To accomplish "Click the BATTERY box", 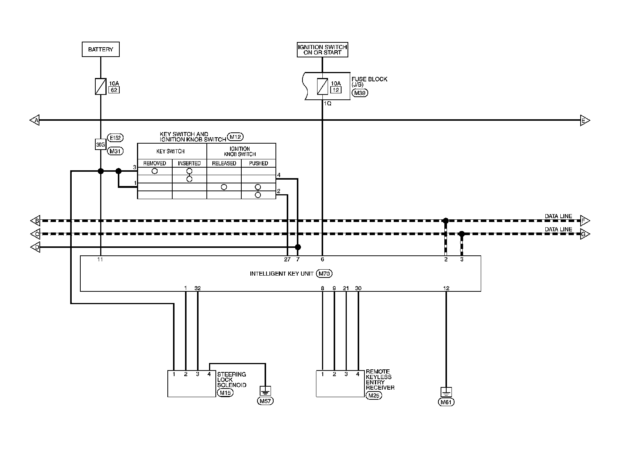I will tap(101, 49).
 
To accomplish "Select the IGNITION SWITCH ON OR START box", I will tap(322, 49).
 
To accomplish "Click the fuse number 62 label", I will tap(114, 90).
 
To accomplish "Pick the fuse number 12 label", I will tap(336, 90).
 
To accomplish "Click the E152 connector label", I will tap(115, 137).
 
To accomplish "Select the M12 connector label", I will tap(235, 137).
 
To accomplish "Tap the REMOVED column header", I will tap(155, 163).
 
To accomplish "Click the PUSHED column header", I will tap(259, 163).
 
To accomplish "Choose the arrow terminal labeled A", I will tap(35, 120).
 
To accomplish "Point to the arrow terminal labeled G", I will tap(585, 234).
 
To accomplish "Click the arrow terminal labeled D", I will tap(35, 247).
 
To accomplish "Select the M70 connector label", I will tap(324, 274).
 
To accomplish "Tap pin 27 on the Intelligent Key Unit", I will tap(287, 259).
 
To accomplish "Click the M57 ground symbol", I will tap(265, 391).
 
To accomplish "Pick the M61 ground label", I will tap(446, 402).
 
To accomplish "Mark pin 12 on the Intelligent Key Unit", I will tap(446, 288).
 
